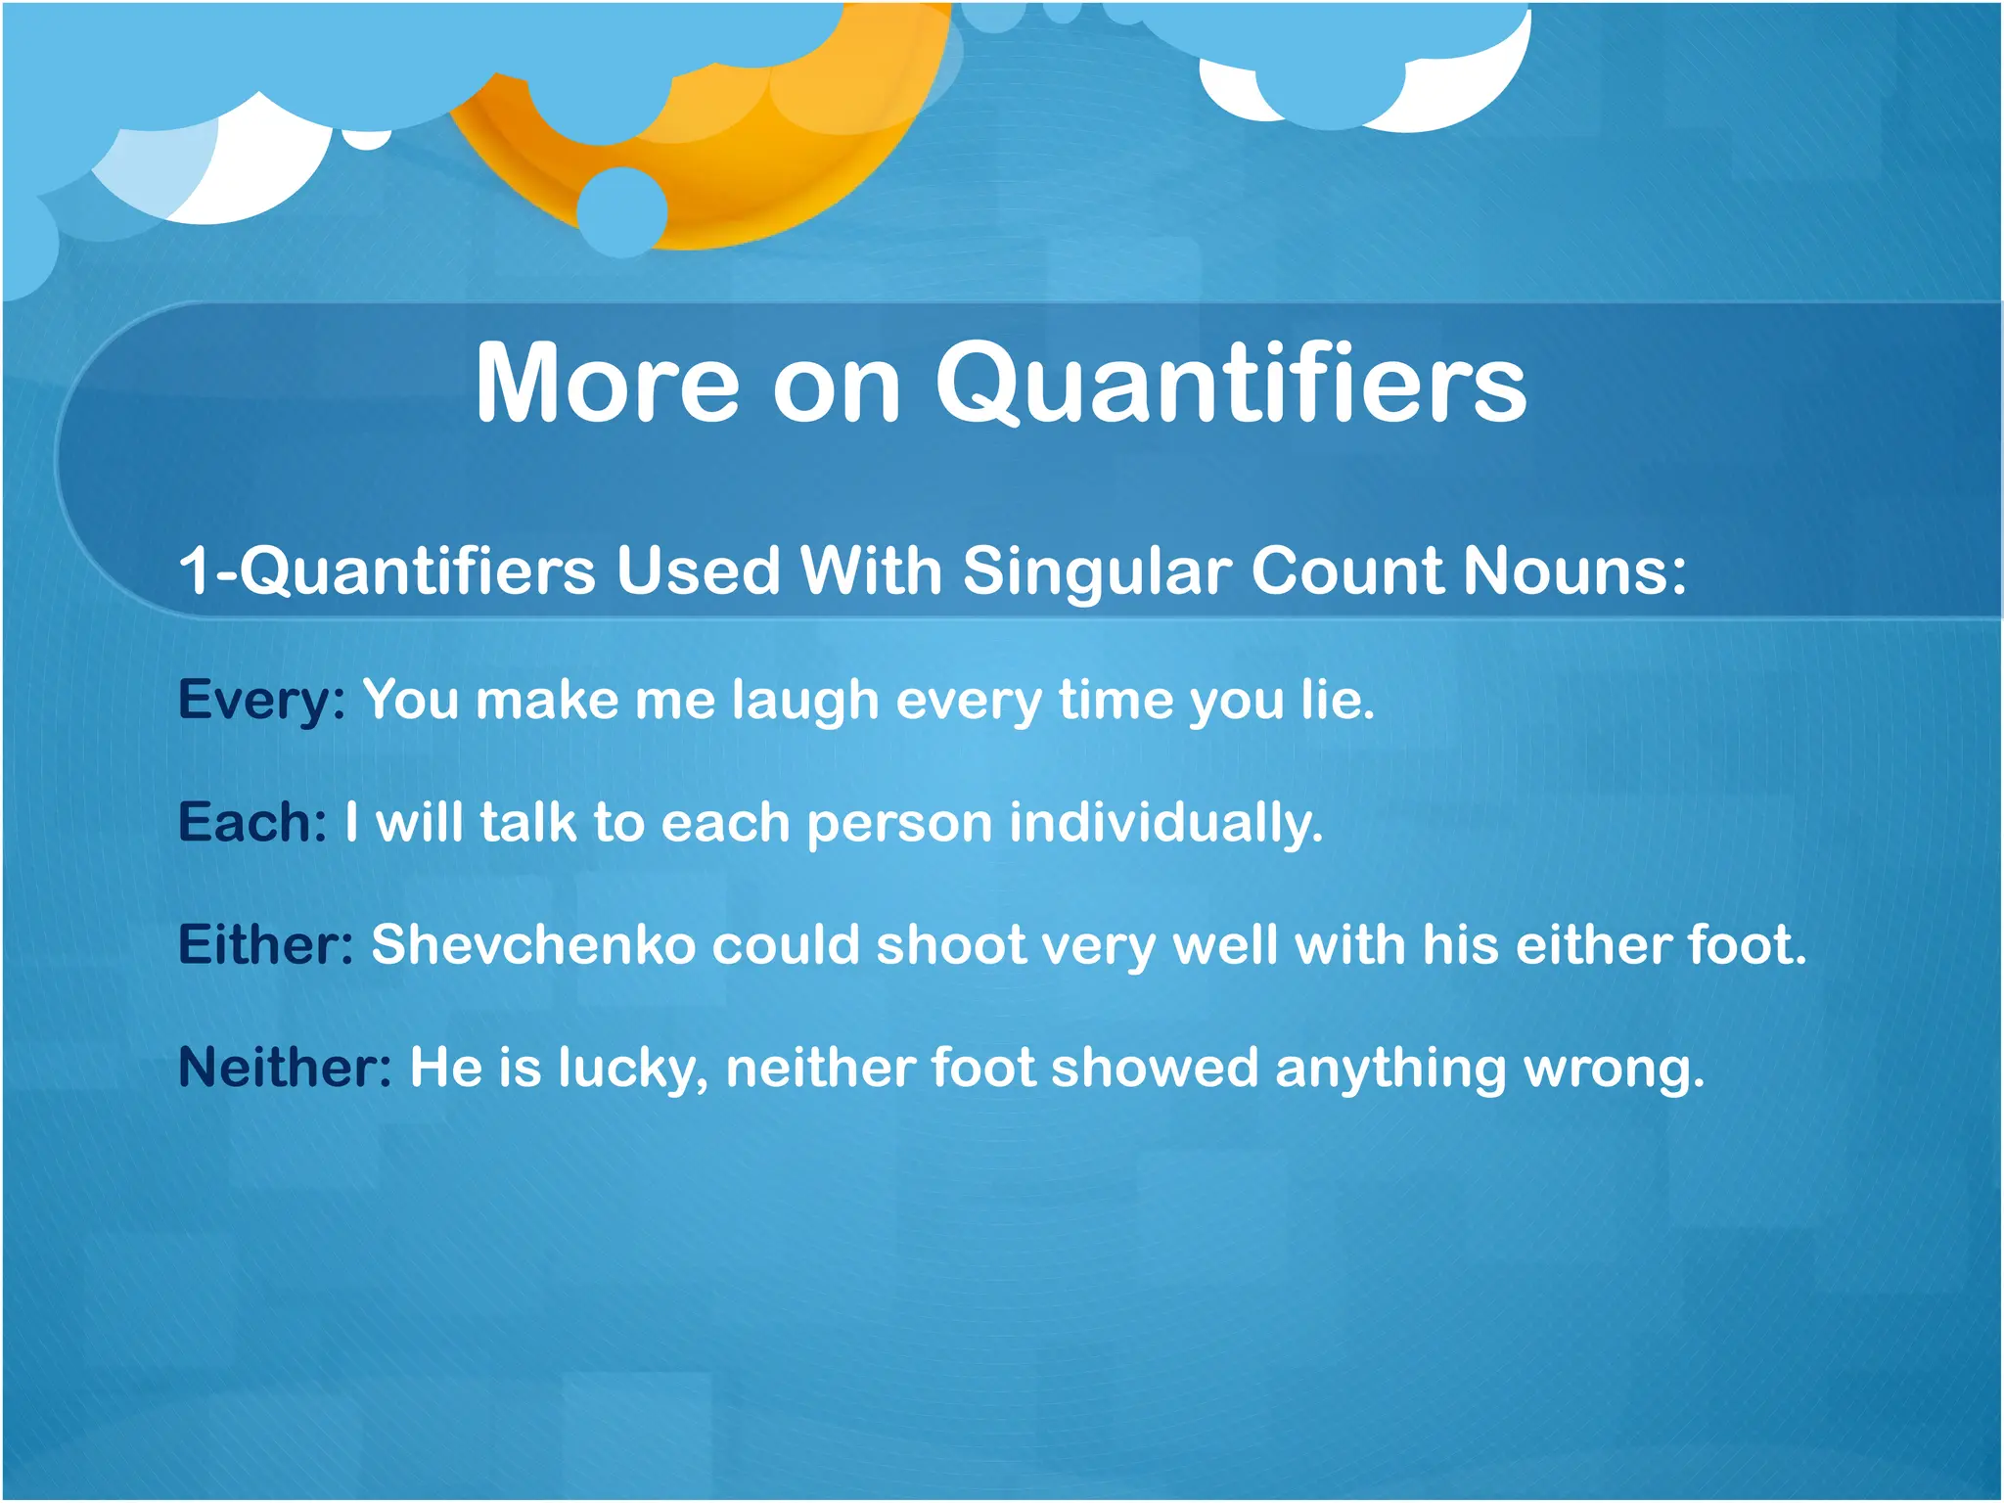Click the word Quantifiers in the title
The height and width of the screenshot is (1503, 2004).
click(1230, 384)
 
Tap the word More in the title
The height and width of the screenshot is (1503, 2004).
click(607, 384)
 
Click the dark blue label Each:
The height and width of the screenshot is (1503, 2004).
click(251, 822)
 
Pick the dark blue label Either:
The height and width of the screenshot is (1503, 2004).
click(265, 945)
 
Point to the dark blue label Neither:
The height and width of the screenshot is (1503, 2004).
click(285, 1067)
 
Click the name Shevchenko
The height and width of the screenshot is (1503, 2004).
click(532, 945)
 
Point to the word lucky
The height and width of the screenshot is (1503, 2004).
click(631, 1069)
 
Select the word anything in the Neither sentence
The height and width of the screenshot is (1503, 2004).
click(1390, 1069)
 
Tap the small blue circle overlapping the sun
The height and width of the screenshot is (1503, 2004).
click(622, 211)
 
